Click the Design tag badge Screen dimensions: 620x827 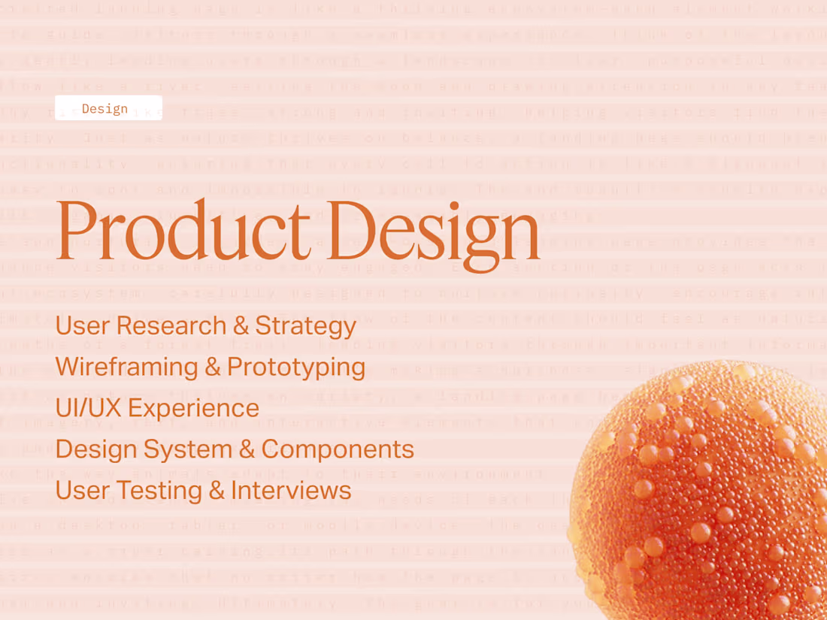pos(108,108)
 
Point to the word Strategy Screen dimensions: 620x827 pos(305,327)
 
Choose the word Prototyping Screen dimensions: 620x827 pos(296,367)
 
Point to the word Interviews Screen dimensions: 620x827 pos(291,490)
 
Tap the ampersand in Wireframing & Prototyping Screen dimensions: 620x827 pos(213,367)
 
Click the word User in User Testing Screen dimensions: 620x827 pos(82,490)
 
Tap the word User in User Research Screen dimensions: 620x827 pos(82,325)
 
